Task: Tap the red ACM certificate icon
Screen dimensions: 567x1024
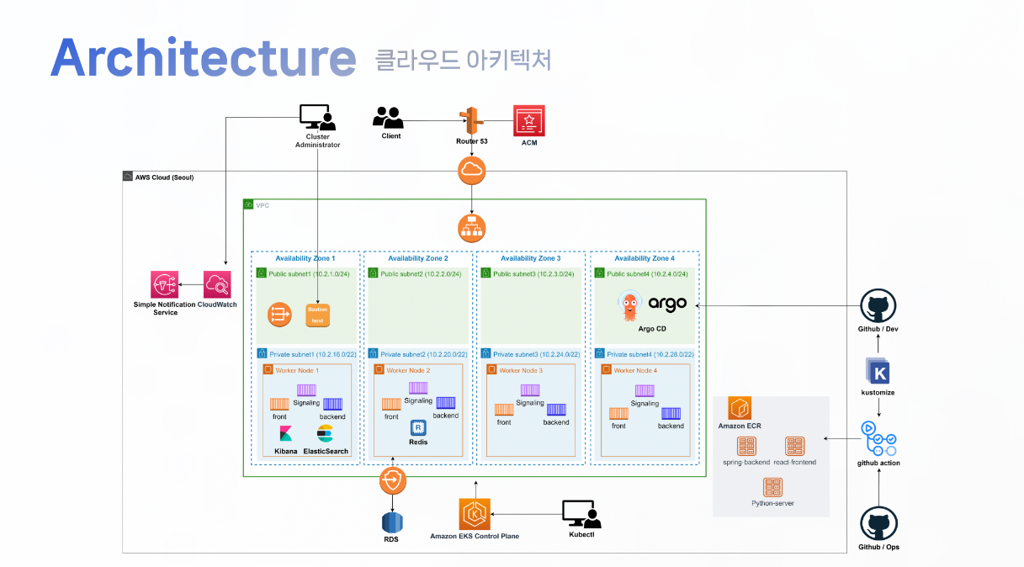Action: point(529,121)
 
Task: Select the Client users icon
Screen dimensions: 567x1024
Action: point(390,118)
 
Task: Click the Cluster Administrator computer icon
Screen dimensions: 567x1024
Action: point(317,118)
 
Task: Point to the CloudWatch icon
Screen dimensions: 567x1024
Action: point(218,286)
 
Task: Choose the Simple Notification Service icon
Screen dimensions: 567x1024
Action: point(165,286)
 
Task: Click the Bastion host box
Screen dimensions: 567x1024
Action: point(318,315)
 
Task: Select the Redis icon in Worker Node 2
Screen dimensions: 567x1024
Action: point(418,427)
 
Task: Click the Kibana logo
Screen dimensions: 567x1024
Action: point(286,434)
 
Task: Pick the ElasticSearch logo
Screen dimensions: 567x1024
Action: point(326,434)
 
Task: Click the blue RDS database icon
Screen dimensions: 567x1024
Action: point(390,521)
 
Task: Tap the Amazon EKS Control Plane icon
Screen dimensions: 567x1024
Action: point(475,513)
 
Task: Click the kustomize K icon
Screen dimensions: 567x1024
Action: point(878,372)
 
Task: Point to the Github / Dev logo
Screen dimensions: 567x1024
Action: point(878,307)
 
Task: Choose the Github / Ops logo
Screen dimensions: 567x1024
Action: point(878,522)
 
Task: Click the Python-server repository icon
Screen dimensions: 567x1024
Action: point(773,486)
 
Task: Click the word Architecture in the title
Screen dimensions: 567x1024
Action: point(203,58)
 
